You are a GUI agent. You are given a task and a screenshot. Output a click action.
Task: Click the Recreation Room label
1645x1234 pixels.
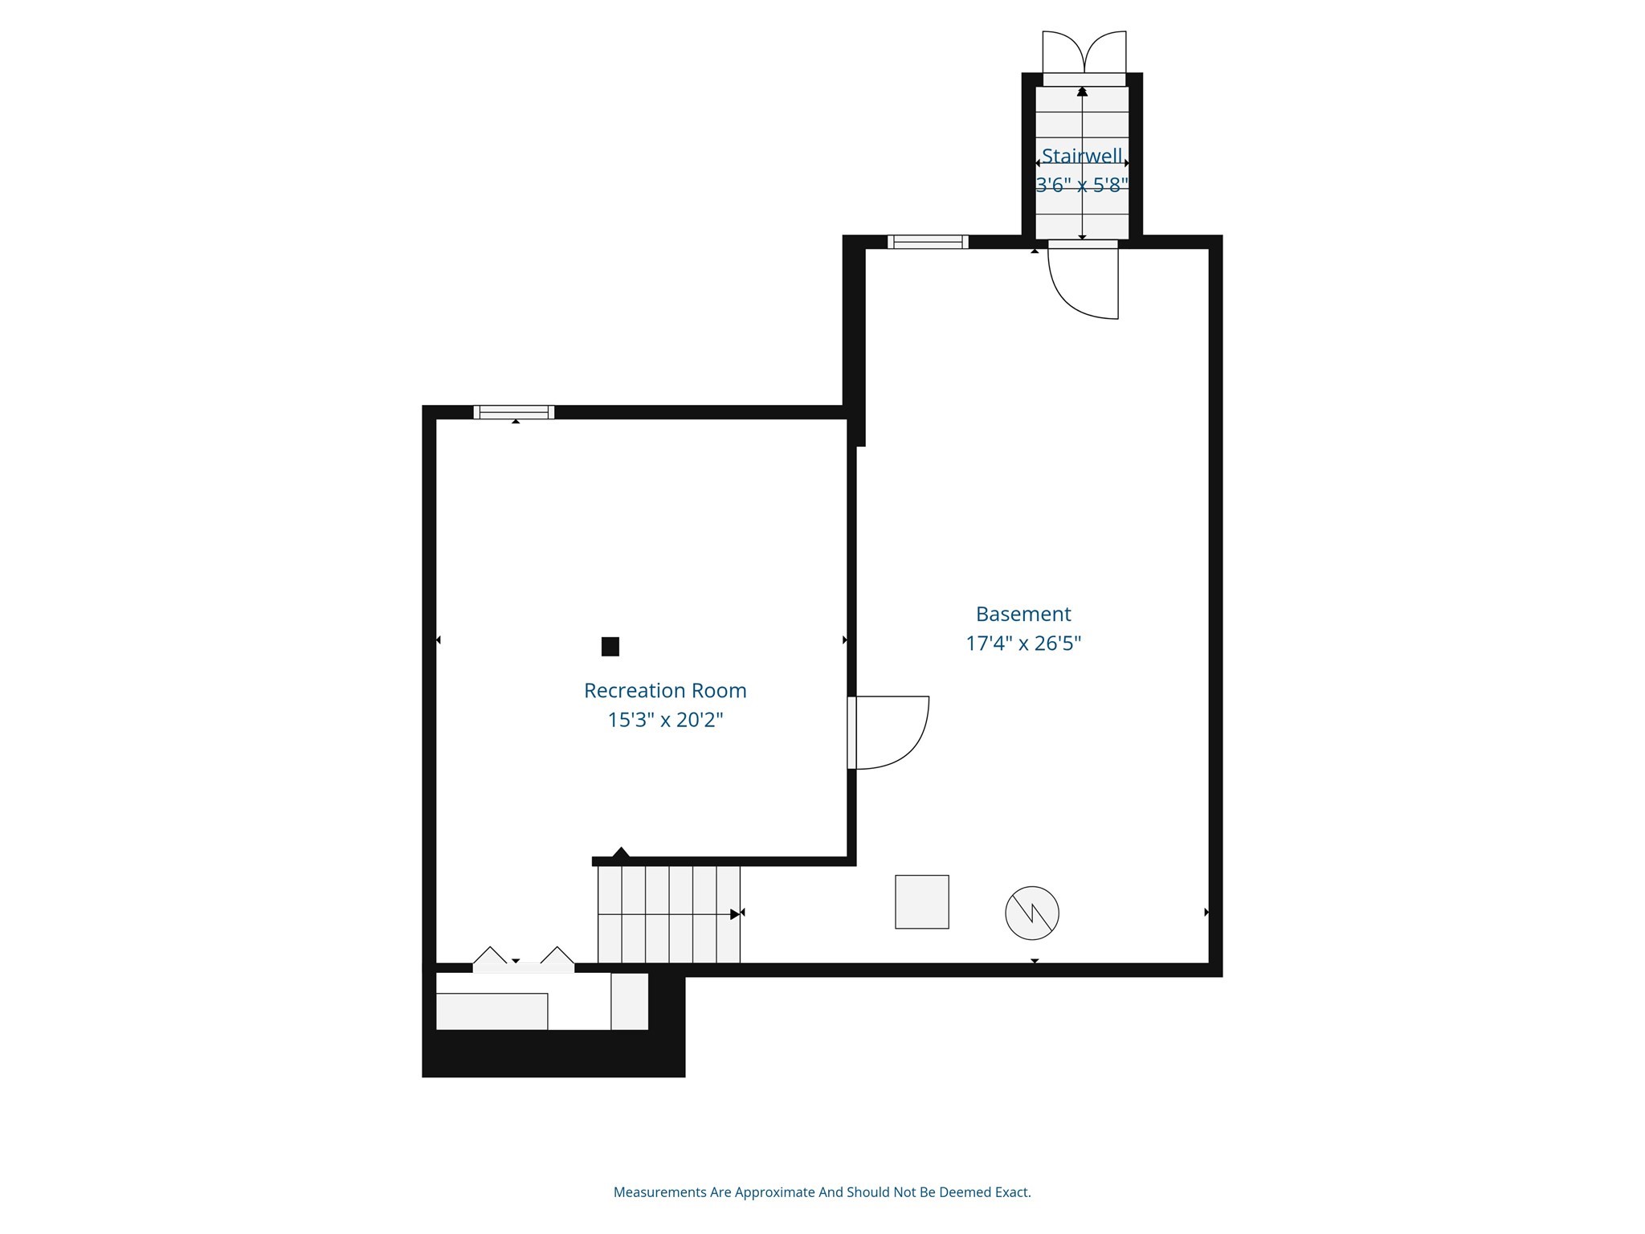click(x=665, y=690)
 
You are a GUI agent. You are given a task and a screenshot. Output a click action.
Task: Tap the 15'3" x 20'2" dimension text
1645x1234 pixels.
click(x=665, y=720)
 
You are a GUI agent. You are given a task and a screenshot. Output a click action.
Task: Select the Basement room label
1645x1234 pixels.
click(x=1023, y=614)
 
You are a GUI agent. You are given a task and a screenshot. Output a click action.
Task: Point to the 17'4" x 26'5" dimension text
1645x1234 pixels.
click(x=1023, y=644)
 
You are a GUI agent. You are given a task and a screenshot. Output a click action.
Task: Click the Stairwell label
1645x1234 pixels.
click(x=1082, y=156)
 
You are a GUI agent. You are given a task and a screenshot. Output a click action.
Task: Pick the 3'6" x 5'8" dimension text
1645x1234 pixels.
click(x=1082, y=186)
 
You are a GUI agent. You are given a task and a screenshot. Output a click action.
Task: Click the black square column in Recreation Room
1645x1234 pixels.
click(x=610, y=646)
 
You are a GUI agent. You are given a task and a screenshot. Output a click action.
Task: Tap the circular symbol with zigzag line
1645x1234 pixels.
click(x=1032, y=913)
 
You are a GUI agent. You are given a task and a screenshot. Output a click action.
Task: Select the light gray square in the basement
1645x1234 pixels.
click(x=922, y=902)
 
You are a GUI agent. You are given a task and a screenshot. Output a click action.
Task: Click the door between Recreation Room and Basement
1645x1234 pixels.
click(x=888, y=733)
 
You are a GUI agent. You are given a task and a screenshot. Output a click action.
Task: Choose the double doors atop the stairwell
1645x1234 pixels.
click(x=1084, y=53)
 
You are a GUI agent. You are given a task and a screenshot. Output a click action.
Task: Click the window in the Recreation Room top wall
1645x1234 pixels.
click(x=514, y=412)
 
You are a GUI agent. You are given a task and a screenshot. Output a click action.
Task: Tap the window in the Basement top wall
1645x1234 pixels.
click(x=928, y=242)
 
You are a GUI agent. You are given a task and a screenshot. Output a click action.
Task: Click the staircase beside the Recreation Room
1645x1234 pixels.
click(x=668, y=914)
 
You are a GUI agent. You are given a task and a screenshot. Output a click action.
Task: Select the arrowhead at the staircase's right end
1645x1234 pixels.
click(x=735, y=914)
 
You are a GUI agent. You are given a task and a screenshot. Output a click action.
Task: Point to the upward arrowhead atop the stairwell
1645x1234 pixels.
click(x=1082, y=92)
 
